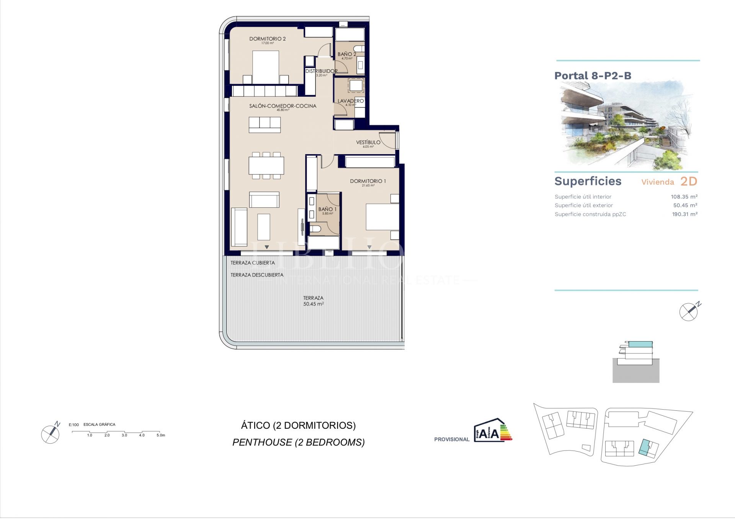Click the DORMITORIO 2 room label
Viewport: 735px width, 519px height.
(x=267, y=39)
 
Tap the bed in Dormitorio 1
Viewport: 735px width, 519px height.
(x=382, y=217)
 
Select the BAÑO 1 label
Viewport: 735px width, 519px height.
(x=327, y=209)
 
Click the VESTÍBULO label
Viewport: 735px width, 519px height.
(x=368, y=142)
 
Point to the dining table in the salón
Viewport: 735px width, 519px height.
(x=266, y=166)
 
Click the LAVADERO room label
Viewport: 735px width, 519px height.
(x=350, y=101)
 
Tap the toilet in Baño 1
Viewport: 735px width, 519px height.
(x=316, y=229)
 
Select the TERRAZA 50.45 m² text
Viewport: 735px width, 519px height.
(x=313, y=301)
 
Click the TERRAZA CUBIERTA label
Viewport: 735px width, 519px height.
(x=253, y=263)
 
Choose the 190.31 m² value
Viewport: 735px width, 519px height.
(x=684, y=214)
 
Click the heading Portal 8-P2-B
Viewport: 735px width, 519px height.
(x=593, y=76)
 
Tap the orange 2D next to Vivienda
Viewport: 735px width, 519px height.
(x=688, y=181)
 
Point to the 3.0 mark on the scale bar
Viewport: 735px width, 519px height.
(x=124, y=435)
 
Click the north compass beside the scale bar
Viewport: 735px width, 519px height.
(x=51, y=434)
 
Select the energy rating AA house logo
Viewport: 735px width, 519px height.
(x=492, y=431)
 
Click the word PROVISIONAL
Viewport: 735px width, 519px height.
(x=452, y=439)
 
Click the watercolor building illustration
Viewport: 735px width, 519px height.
(x=626, y=125)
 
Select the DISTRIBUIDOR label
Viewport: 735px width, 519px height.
(x=321, y=71)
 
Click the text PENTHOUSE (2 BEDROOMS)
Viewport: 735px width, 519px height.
(x=298, y=442)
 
